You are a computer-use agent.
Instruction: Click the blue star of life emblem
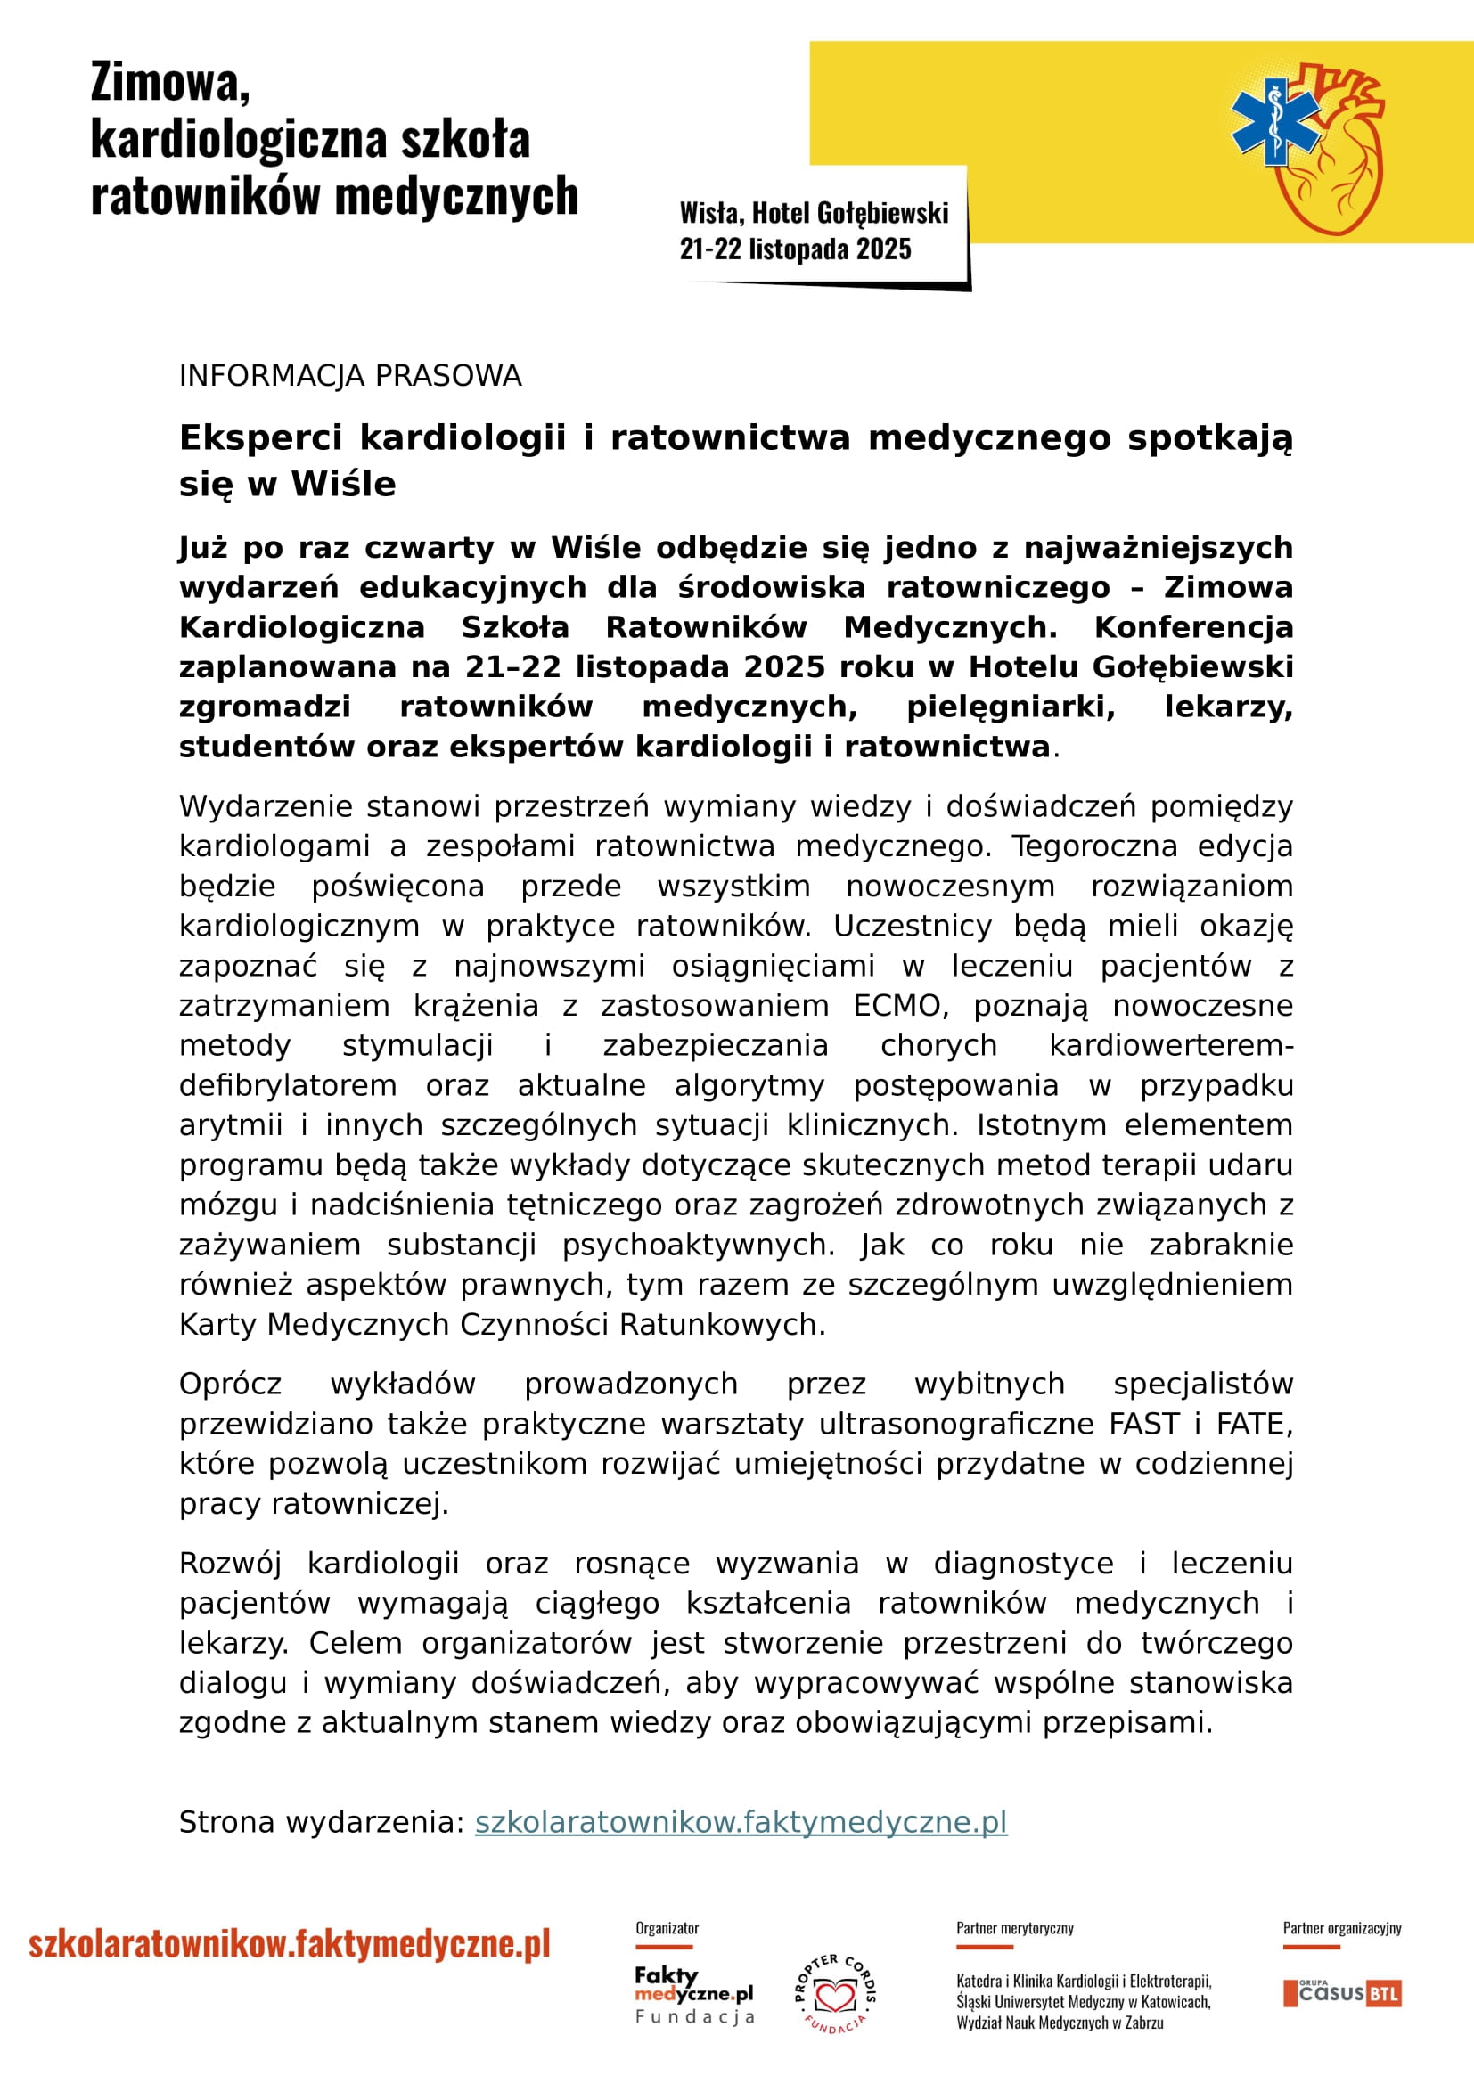1275,124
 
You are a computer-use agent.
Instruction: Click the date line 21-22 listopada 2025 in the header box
795,249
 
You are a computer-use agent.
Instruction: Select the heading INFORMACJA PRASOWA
350,376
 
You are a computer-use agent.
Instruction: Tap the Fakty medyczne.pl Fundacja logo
694,1994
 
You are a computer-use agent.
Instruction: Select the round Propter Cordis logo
836,1994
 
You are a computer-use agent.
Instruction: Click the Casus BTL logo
1342,1993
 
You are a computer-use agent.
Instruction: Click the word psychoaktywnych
698,1246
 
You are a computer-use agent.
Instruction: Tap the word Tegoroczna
1094,846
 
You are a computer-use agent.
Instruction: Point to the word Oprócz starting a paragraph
231,1385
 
